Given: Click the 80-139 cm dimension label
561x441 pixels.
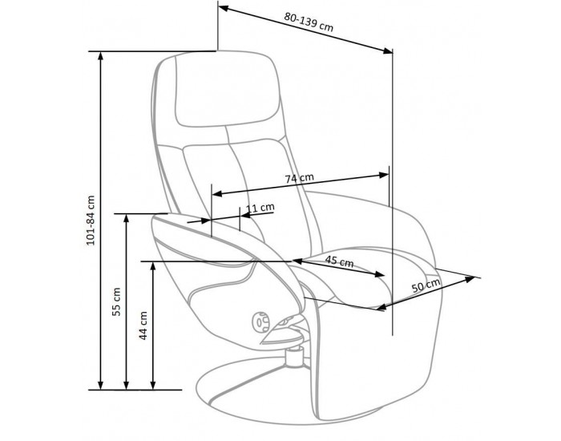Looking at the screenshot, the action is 309,22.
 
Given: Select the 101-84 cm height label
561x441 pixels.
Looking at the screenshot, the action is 91,220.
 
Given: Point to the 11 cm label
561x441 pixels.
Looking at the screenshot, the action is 261,208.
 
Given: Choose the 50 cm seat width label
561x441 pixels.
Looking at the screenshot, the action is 426,285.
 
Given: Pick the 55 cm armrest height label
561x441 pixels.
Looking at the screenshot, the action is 117,301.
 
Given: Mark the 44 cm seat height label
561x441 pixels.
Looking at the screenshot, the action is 143,326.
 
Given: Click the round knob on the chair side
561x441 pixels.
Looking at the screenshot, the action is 260,322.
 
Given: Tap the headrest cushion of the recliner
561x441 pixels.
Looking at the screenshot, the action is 227,90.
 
